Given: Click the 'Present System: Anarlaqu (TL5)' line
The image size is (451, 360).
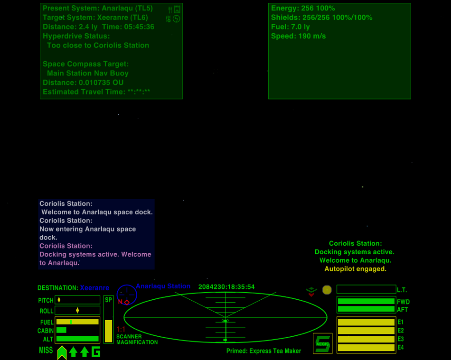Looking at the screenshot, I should click(x=98, y=9).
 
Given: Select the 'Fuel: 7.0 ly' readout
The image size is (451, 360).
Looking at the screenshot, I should click(x=290, y=27).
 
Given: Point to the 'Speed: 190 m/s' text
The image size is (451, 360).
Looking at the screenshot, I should click(x=298, y=36).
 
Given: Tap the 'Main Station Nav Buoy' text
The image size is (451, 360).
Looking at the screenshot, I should click(x=88, y=73).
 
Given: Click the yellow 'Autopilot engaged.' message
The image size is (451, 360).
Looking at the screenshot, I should click(x=355, y=269).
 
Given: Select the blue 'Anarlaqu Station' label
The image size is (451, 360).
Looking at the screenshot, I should click(x=163, y=286).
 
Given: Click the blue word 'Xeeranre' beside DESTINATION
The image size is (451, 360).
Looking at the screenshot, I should click(x=94, y=288).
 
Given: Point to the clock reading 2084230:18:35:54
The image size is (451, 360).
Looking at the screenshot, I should click(x=226, y=287).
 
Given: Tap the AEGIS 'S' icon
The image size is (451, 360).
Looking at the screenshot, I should click(x=323, y=343).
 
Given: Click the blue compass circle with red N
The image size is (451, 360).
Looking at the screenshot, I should click(x=127, y=295).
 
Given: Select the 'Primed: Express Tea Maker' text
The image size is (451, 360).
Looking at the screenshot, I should click(x=263, y=351).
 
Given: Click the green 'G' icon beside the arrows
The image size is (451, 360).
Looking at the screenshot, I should click(x=96, y=352).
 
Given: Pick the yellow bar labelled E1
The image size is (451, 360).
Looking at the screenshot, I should click(x=366, y=322).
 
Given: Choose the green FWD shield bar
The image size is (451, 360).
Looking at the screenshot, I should click(x=366, y=301).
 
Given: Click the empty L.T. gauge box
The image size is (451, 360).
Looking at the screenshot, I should click(x=366, y=289).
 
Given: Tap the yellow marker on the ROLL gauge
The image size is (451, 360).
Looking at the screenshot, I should click(x=77, y=311).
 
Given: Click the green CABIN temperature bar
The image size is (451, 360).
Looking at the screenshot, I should click(x=61, y=330).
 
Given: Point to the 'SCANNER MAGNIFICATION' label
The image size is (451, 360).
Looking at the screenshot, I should click(x=137, y=339).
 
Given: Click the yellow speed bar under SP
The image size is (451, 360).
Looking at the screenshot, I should click(x=109, y=331).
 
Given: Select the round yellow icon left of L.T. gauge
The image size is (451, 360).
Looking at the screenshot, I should click(x=327, y=290).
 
